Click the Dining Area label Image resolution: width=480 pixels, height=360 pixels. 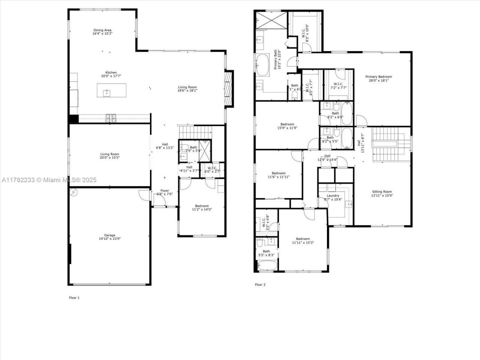[x=102, y=30]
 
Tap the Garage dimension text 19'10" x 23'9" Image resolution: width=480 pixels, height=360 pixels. [x=109, y=238]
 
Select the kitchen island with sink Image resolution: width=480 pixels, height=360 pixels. [x=111, y=90]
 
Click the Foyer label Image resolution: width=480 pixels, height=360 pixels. [x=165, y=190]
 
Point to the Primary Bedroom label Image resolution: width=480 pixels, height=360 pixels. [x=378, y=77]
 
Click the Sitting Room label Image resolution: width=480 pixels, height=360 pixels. [x=382, y=192]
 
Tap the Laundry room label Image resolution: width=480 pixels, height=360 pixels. [x=333, y=195]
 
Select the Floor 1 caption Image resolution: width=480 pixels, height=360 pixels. [x=74, y=298]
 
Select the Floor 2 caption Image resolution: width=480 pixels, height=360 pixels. [x=260, y=285]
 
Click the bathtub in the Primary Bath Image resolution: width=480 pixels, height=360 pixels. [x=262, y=65]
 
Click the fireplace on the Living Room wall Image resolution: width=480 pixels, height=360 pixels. [x=229, y=89]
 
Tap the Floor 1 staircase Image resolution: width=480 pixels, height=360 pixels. [x=195, y=132]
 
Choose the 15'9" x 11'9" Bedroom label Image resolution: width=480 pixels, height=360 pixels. [x=287, y=124]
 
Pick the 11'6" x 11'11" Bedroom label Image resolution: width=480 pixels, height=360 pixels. [x=279, y=173]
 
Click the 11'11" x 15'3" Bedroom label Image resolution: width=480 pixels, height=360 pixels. [x=303, y=239]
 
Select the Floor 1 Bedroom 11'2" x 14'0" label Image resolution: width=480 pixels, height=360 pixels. [x=202, y=206]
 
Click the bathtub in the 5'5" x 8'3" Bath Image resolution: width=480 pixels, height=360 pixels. [x=266, y=266]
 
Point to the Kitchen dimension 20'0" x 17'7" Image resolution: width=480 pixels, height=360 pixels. [x=111, y=76]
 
